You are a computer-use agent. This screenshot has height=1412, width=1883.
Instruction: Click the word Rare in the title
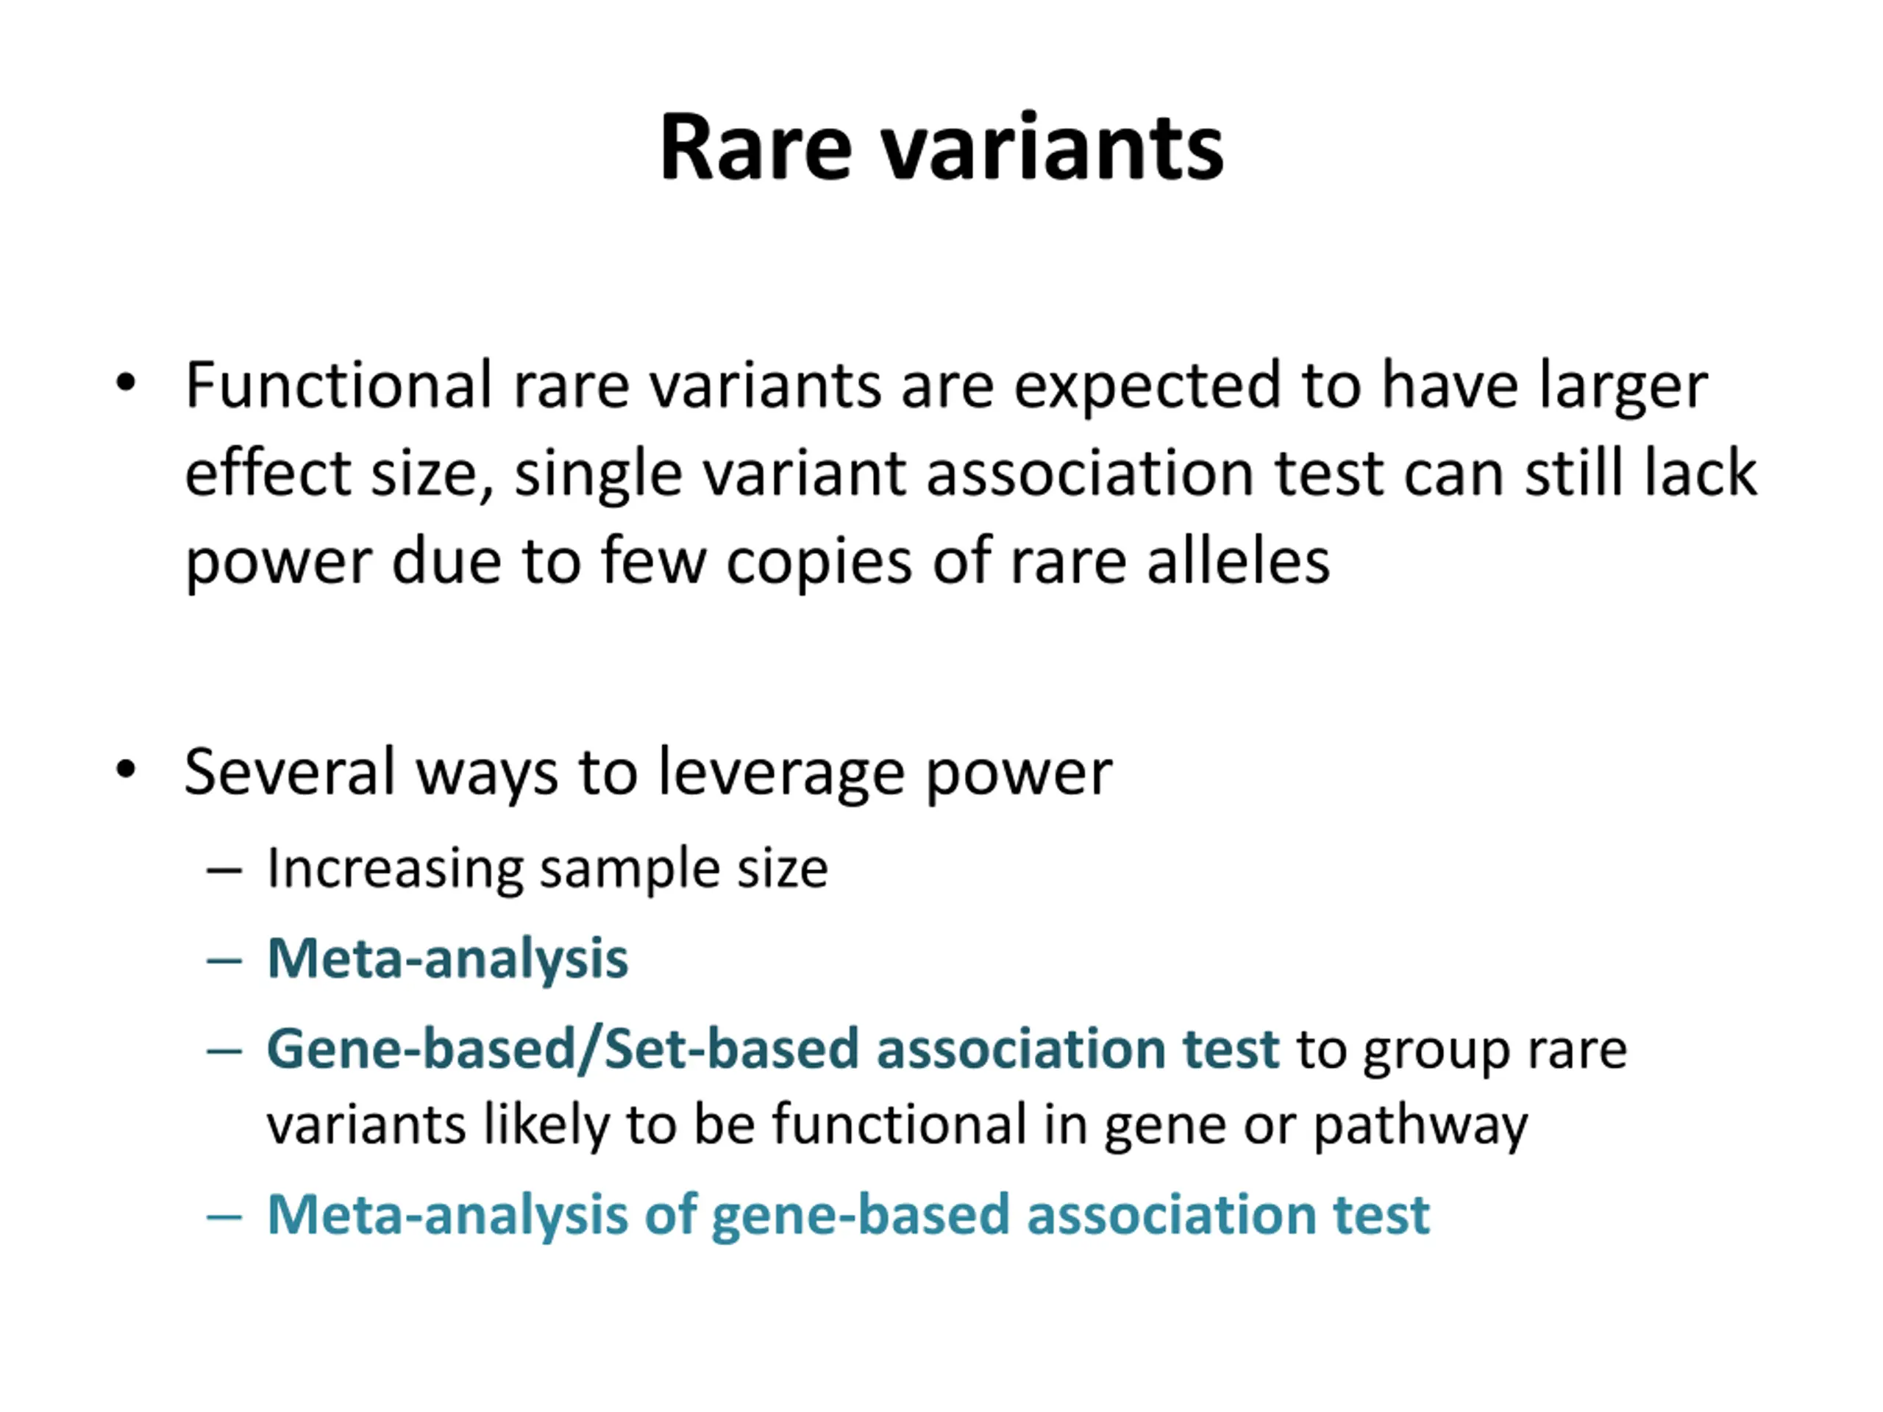[755, 149]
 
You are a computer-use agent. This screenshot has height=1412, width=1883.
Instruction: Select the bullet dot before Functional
[126, 383]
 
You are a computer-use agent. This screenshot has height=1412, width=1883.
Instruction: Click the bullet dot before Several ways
[126, 769]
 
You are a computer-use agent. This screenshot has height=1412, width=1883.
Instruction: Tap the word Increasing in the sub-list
[394, 870]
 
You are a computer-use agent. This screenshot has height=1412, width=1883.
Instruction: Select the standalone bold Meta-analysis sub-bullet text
[448, 959]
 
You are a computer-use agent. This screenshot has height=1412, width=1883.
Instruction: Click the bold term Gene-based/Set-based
[562, 1049]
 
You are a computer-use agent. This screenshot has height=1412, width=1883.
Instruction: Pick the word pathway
[1420, 1127]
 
